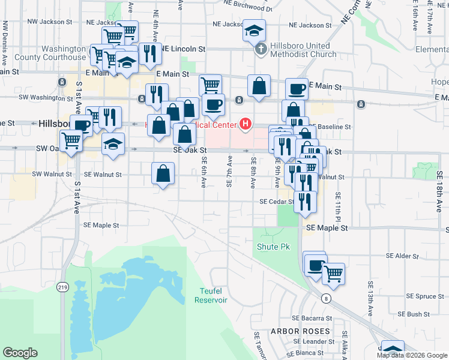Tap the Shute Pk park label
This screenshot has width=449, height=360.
pyautogui.click(x=273, y=247)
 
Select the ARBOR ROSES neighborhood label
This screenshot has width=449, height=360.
pyautogui.click(x=300, y=331)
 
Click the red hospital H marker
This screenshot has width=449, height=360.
pyautogui.click(x=245, y=124)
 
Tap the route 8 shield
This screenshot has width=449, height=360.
pyautogui.click(x=326, y=298)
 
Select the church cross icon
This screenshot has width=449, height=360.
pyautogui.click(x=261, y=50)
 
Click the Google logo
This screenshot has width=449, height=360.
pyautogui.click(x=20, y=353)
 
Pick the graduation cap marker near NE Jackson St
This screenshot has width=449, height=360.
pyautogui.click(x=255, y=29)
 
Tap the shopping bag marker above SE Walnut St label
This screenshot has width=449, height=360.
pyautogui.click(x=163, y=173)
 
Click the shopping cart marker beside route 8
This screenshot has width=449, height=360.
pyautogui.click(x=334, y=274)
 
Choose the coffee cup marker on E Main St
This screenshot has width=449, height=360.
pyautogui.click(x=297, y=89)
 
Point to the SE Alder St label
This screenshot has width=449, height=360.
pyautogui.click(x=402, y=256)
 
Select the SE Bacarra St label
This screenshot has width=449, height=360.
pyautogui.click(x=312, y=318)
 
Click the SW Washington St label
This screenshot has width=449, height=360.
pyautogui.click(x=41, y=97)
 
